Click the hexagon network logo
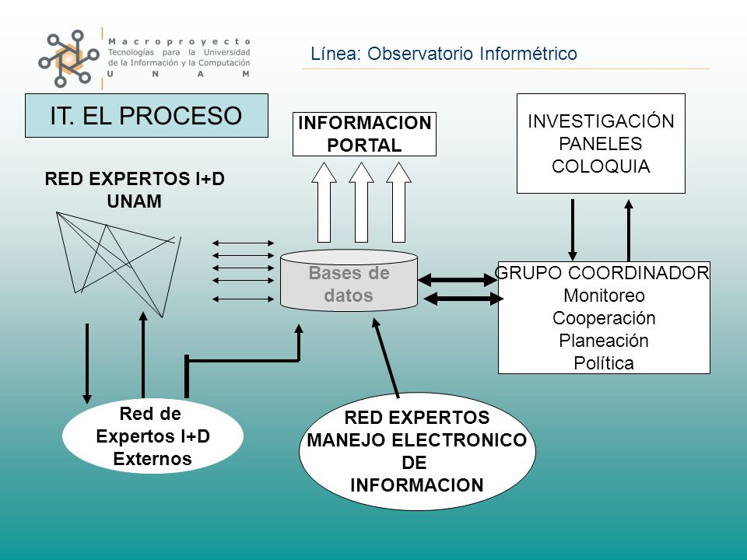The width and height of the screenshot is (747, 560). tap(68, 58)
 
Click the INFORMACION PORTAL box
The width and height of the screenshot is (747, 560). tap(364, 134)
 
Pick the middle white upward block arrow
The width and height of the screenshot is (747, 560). tap(361, 202)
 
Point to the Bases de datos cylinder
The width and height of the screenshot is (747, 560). tap(349, 280)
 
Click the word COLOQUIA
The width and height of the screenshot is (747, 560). tap(601, 166)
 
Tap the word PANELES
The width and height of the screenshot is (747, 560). tap(600, 143)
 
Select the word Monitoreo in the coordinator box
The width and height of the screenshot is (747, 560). tap(604, 296)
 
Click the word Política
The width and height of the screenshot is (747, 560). tap(604, 363)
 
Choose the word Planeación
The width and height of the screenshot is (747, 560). tap(604, 341)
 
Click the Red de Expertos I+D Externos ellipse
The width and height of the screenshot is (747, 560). tap(153, 436)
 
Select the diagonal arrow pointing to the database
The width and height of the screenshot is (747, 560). tap(385, 358)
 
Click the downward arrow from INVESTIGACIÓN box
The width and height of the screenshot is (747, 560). tap(573, 229)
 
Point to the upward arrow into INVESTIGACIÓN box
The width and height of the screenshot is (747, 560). tap(629, 230)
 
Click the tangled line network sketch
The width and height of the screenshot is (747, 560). tap(118, 264)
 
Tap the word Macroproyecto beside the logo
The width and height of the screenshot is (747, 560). tap(179, 42)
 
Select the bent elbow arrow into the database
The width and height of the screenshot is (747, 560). tap(243, 361)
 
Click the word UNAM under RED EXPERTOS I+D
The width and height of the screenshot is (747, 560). tap(135, 201)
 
